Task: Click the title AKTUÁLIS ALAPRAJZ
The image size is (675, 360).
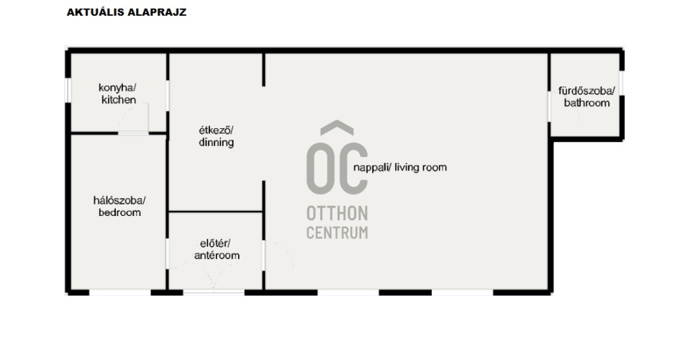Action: click(127, 12)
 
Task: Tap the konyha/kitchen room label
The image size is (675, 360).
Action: click(118, 94)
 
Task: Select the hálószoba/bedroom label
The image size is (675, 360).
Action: click(119, 206)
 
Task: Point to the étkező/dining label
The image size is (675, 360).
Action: click(216, 136)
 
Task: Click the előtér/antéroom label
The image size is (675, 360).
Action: click(217, 249)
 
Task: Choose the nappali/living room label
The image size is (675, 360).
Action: click(400, 167)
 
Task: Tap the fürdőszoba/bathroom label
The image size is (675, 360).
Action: click(586, 97)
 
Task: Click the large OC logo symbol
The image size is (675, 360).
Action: click(337, 168)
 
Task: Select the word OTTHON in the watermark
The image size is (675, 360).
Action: click(337, 214)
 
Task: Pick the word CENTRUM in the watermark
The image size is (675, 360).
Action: click(337, 233)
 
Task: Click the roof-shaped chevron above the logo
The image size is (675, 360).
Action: click(337, 127)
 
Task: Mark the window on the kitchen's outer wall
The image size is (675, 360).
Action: click(68, 90)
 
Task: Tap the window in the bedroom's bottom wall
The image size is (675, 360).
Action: click(120, 292)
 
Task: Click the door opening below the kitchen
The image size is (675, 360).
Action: click(133, 133)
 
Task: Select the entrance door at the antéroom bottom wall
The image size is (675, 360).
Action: click(214, 292)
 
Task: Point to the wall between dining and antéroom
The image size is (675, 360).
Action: click(216, 212)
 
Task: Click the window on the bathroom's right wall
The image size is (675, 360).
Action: click(622, 83)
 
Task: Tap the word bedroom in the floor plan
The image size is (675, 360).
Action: click(119, 212)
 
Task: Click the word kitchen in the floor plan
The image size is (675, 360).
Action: click(119, 100)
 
